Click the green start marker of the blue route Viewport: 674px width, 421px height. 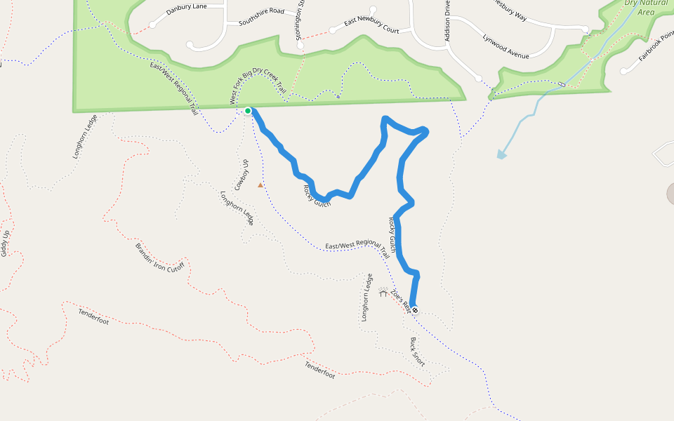pos(248,111)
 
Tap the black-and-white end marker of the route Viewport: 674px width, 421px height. pos(415,310)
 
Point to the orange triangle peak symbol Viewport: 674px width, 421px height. pos(260,185)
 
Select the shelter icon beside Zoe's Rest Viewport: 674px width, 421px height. pos(383,293)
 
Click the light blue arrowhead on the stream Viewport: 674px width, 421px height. pos(501,154)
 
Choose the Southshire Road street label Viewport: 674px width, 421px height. pos(261,17)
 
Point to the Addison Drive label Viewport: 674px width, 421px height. pos(447,21)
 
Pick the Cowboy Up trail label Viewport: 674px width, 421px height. pos(242,175)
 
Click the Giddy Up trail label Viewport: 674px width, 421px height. pos(5,243)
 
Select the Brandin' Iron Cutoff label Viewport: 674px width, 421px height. pos(159,258)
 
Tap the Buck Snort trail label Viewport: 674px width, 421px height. pos(418,352)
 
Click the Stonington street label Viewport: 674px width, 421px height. pos(300,21)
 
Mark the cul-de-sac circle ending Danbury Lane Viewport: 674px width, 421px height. pos(152,25)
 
